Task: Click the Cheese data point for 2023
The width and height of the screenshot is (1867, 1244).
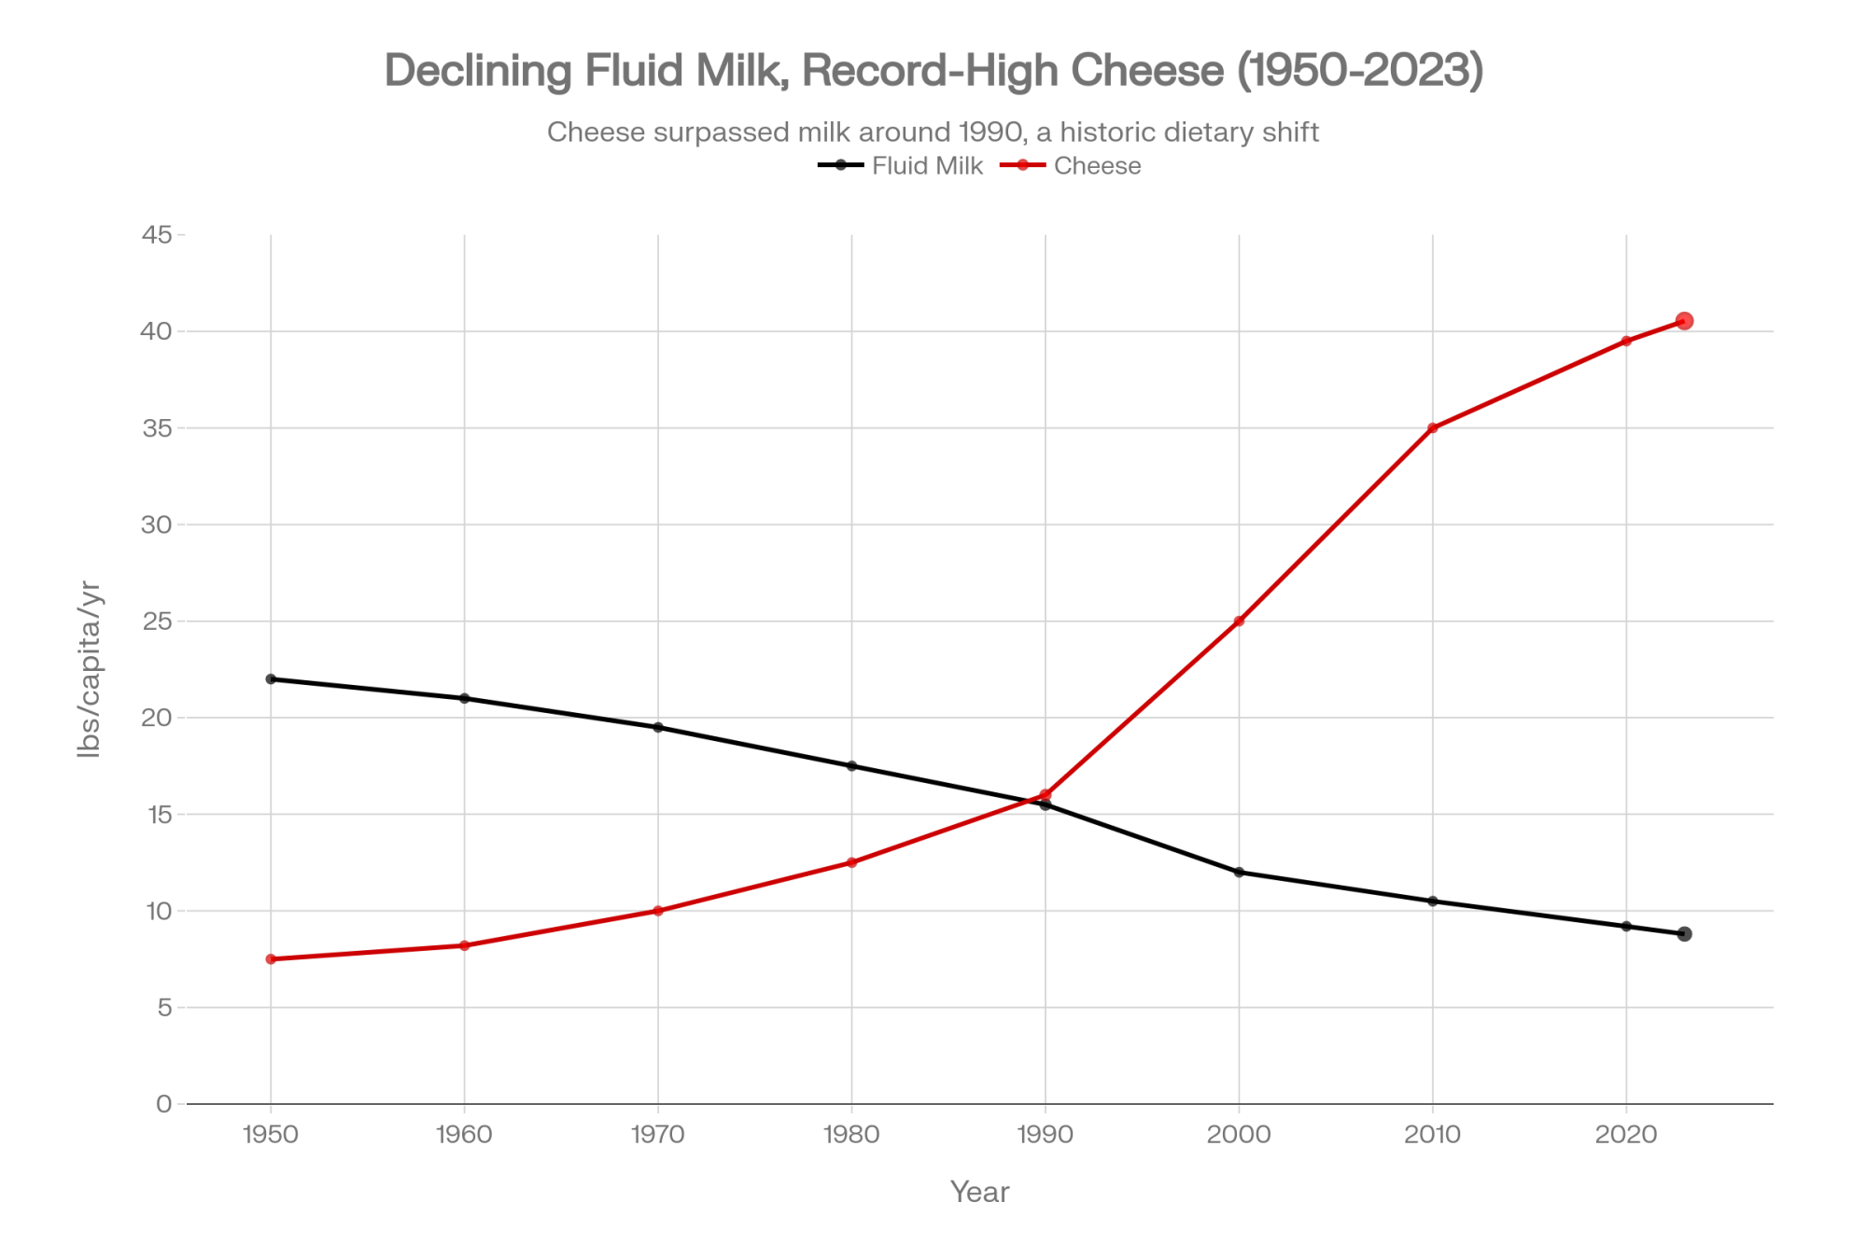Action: point(1684,321)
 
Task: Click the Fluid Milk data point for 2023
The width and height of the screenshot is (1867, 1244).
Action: point(1684,934)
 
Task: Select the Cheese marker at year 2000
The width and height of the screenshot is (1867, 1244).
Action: point(1239,622)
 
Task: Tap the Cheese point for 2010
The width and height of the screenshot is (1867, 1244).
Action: point(1433,428)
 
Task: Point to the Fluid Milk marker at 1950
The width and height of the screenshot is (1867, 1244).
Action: point(271,679)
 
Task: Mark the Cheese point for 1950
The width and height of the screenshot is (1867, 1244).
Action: point(271,959)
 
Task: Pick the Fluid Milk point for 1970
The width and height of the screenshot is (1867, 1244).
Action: point(658,727)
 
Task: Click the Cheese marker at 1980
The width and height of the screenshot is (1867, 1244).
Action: point(851,862)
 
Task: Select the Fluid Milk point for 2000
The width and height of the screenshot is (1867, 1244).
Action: point(1239,873)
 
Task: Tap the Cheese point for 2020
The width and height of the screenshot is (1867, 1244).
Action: point(1626,342)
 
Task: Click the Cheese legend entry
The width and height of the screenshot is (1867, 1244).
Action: point(1097,166)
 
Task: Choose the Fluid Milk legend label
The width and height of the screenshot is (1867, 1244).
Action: point(927,166)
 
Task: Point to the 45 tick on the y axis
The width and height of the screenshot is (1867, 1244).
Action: point(158,235)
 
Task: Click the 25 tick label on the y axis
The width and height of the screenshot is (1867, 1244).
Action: point(158,622)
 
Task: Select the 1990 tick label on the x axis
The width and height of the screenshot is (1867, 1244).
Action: point(1046,1135)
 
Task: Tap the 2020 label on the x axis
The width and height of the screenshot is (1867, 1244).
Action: point(1626,1135)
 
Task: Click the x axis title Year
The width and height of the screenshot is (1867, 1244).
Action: point(979,1192)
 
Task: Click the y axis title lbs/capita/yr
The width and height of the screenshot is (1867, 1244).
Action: point(90,668)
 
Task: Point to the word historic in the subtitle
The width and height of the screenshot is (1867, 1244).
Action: point(1117,133)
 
